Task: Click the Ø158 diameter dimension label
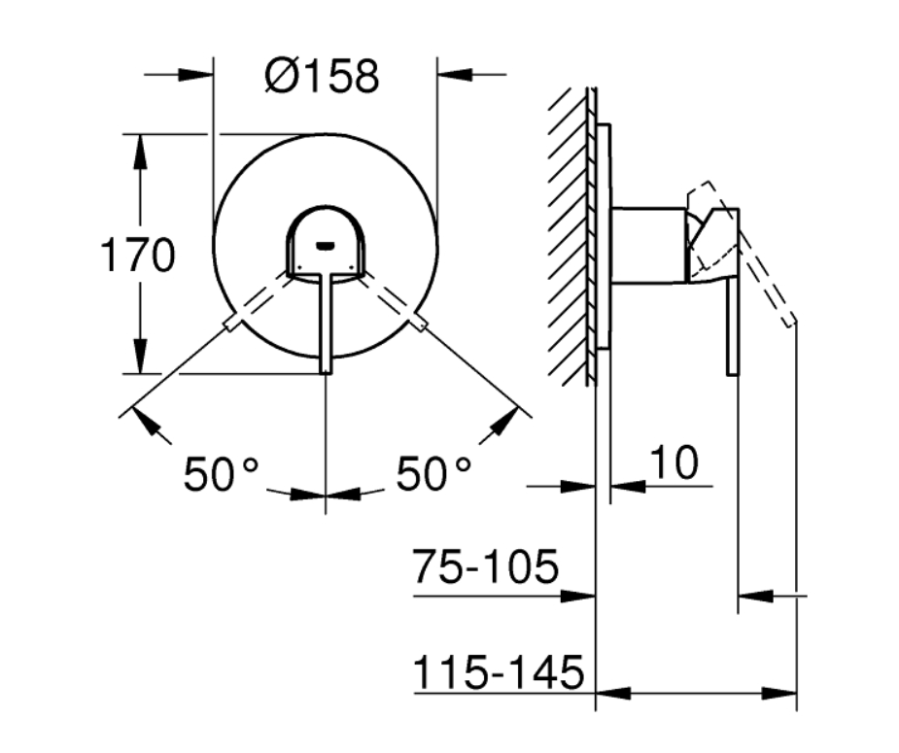322,76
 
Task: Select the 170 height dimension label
138,255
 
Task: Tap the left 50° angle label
222,474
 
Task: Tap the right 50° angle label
434,474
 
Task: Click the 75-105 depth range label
486,566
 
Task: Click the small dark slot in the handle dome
325,246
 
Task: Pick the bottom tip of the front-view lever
326,373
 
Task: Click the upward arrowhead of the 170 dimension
139,152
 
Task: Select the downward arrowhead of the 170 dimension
139,357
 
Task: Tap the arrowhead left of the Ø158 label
196,75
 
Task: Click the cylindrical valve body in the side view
648,245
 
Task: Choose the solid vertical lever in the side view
733,326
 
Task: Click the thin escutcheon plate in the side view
604,236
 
